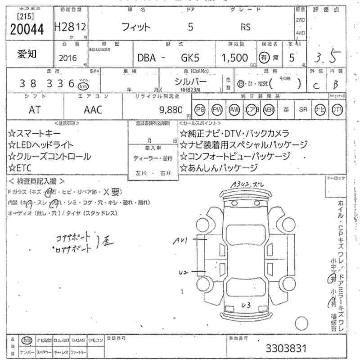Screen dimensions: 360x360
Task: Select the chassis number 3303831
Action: [x=286, y=348]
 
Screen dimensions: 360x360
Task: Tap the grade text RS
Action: [x=246, y=27]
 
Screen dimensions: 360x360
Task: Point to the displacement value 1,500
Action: [x=234, y=58]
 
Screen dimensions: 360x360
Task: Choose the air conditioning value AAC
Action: [x=93, y=109]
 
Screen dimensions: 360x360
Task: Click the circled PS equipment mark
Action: [x=199, y=109]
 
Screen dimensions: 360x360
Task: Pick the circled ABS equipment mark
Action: [x=269, y=109]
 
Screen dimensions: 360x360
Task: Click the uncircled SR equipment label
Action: [x=303, y=109]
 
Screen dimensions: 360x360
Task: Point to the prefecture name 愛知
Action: [x=27, y=54]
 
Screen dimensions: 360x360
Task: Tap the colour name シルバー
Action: [x=191, y=81]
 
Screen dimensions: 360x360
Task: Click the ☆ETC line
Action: [x=22, y=168]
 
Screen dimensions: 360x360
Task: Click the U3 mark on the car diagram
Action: [x=246, y=306]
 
